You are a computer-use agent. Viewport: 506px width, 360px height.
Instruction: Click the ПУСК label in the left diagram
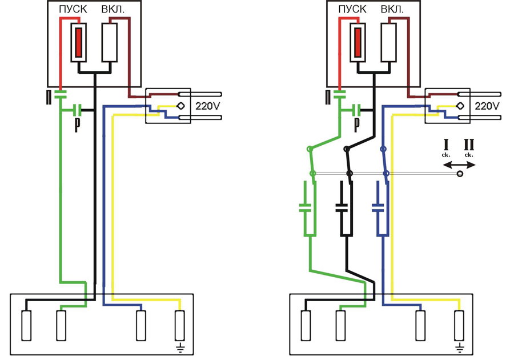coord(73,9)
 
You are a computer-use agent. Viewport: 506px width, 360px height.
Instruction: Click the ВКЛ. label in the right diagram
coord(392,9)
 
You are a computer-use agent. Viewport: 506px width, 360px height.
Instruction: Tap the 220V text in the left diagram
coord(207,106)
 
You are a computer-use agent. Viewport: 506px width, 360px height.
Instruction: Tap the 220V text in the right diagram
coord(487,106)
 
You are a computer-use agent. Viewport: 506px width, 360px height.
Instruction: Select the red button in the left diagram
coord(78,42)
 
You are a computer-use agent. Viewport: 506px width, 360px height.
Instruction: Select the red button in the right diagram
coord(358,42)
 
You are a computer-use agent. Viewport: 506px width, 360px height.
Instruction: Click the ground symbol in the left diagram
coord(180,348)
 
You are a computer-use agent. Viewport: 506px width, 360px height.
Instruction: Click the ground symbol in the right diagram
coord(460,348)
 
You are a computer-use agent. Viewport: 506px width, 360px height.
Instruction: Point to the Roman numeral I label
coord(446,145)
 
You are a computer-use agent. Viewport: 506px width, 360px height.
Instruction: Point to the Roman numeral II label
coord(469,145)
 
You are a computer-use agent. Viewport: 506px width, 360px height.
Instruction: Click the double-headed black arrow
coord(459,165)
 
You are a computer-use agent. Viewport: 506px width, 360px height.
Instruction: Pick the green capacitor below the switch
coord(305,208)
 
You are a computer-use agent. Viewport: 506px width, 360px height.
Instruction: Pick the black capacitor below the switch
coord(342,208)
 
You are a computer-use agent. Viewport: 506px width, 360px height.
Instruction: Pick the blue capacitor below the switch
coord(378,208)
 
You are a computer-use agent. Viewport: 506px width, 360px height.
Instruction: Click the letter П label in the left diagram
coord(49,98)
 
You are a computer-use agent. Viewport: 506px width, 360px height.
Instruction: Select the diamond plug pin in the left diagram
coord(181,106)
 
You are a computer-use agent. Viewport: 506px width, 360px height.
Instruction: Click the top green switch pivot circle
coord(310,149)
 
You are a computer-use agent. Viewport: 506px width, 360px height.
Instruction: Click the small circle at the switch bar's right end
coord(460,174)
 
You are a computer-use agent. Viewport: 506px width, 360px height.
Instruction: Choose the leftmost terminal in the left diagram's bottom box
coord(26,326)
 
